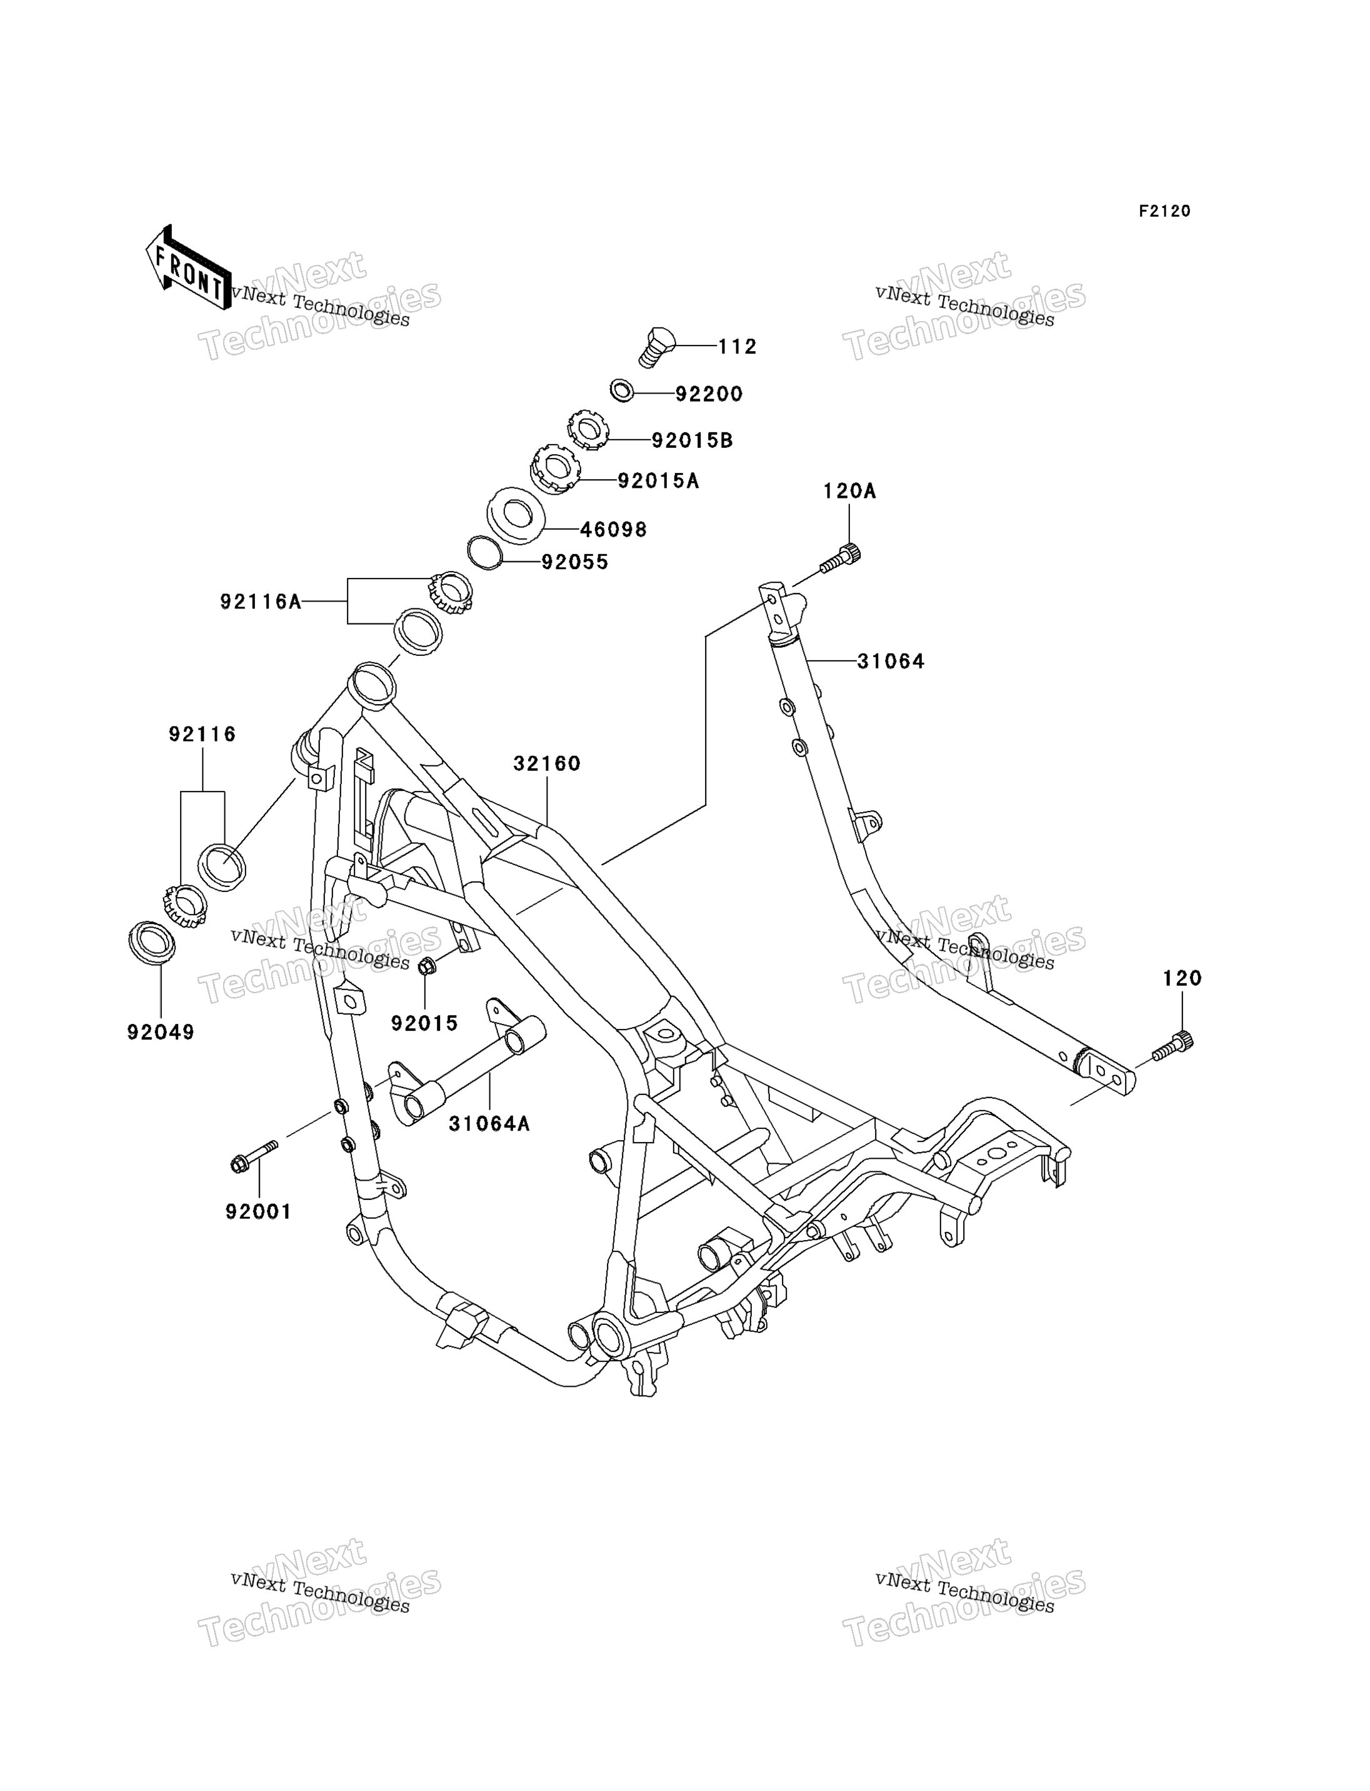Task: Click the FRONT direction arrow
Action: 187,268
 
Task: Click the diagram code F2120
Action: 1164,211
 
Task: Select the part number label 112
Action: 737,347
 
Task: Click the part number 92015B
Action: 692,440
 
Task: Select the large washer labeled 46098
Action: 516,515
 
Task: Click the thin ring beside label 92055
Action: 485,553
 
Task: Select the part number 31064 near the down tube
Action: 891,661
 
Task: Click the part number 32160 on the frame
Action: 547,764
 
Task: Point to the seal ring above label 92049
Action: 152,943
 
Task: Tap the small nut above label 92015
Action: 426,967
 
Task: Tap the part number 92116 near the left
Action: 202,735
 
